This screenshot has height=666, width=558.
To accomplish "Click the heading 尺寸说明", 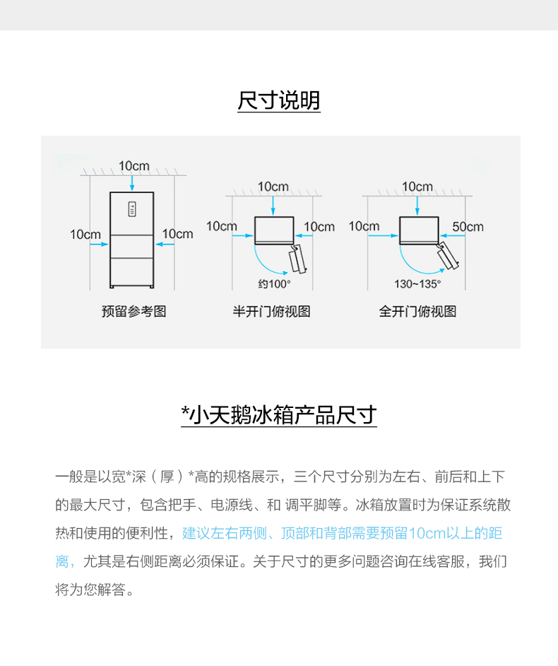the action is [x=279, y=100].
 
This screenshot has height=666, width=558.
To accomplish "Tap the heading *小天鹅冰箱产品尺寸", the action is [x=279, y=414].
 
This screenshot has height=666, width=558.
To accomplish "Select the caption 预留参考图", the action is [x=133, y=311].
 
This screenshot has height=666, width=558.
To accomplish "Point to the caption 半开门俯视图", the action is [x=271, y=311].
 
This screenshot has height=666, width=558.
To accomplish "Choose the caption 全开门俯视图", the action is [x=417, y=311].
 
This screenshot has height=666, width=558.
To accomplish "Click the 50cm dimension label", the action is [x=468, y=227].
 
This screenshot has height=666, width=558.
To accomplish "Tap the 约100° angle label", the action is [x=275, y=284].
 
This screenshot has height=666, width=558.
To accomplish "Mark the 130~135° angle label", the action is [x=417, y=284].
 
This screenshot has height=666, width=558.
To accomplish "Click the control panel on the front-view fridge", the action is [x=132, y=209].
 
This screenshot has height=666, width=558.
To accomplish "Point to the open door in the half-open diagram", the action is [x=297, y=258].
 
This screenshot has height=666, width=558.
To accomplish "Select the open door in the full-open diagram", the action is [x=447, y=256].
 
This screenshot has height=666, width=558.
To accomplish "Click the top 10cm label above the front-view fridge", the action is [x=134, y=165].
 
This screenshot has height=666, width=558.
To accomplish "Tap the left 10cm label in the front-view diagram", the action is [x=85, y=235].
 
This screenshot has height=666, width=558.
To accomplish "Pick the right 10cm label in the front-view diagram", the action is [x=178, y=233].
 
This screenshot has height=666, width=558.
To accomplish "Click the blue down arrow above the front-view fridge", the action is [x=132, y=182].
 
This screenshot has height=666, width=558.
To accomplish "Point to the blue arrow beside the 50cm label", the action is [x=452, y=235].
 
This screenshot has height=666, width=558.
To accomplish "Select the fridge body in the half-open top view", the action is [x=274, y=230].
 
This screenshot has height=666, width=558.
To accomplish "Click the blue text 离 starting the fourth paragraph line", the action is [x=62, y=561].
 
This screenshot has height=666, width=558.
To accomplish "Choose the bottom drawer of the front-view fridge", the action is [x=132, y=271].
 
